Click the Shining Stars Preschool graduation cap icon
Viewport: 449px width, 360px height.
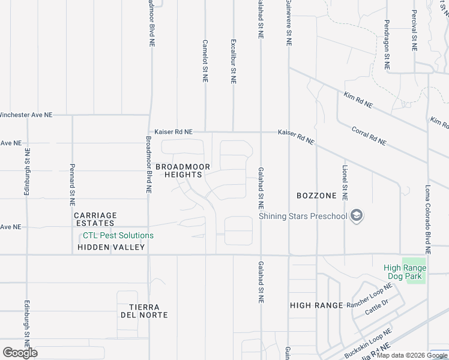click(357, 216)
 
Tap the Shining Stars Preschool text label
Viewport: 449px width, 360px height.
click(303, 217)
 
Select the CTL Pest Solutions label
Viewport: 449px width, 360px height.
click(118, 236)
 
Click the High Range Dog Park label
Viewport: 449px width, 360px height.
click(405, 272)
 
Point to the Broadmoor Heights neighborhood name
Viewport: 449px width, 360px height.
click(179, 170)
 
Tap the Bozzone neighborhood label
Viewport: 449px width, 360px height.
click(316, 196)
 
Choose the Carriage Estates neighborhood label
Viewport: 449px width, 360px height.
click(95, 219)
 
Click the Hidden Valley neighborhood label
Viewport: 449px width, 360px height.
click(111, 247)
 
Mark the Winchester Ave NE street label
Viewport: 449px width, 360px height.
click(25, 114)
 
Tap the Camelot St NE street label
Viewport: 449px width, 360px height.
click(205, 61)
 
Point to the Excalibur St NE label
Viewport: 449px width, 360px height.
click(233, 61)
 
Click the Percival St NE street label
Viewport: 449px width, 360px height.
click(414, 30)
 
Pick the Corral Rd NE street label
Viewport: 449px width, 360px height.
click(369, 136)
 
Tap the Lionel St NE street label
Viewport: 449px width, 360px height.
click(345, 183)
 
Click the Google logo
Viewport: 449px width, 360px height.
click(20, 353)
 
